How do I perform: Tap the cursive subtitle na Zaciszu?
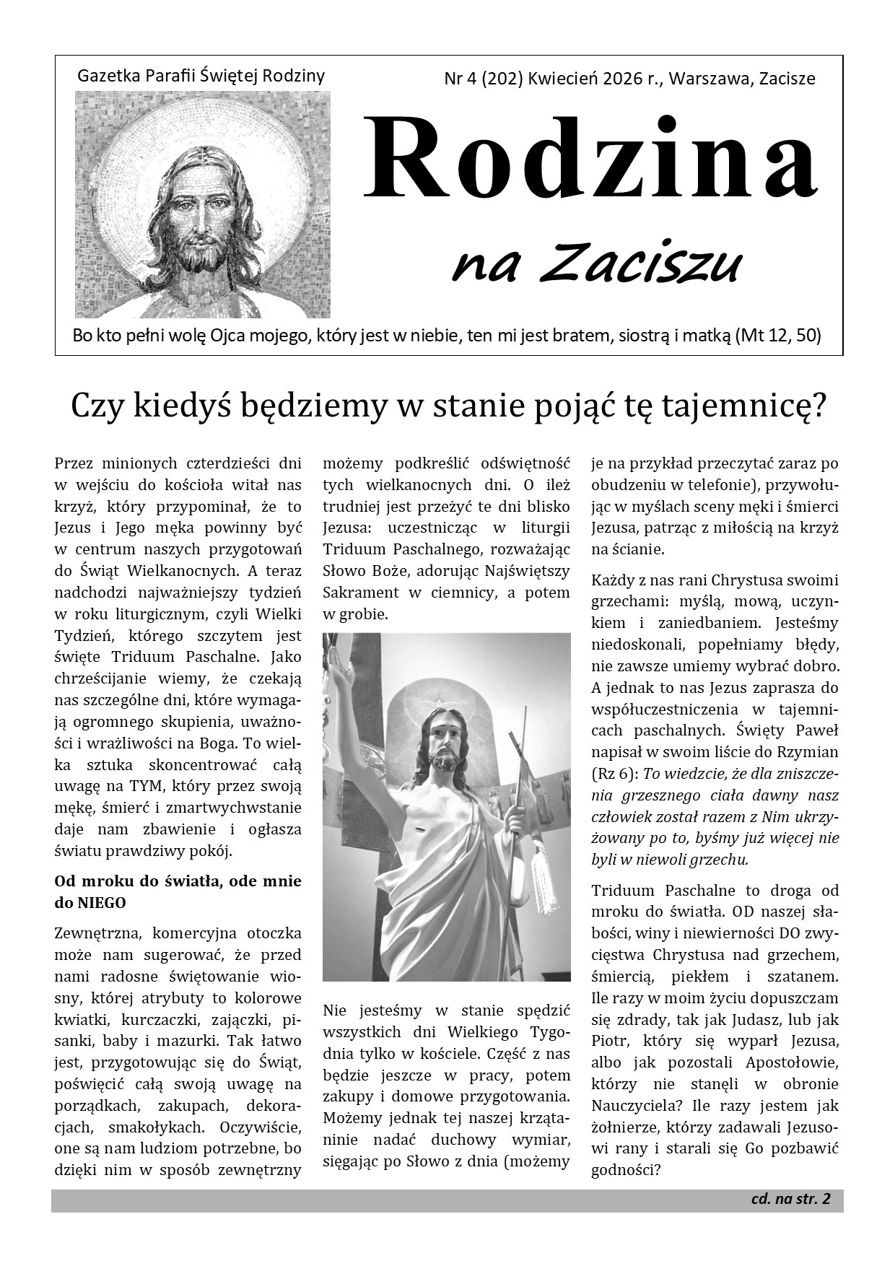pyautogui.click(x=596, y=263)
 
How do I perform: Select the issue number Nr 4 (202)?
pyautogui.click(x=484, y=79)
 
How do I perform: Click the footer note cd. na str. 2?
pyautogui.click(x=790, y=1200)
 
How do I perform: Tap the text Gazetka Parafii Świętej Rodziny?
pyautogui.click(x=201, y=75)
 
